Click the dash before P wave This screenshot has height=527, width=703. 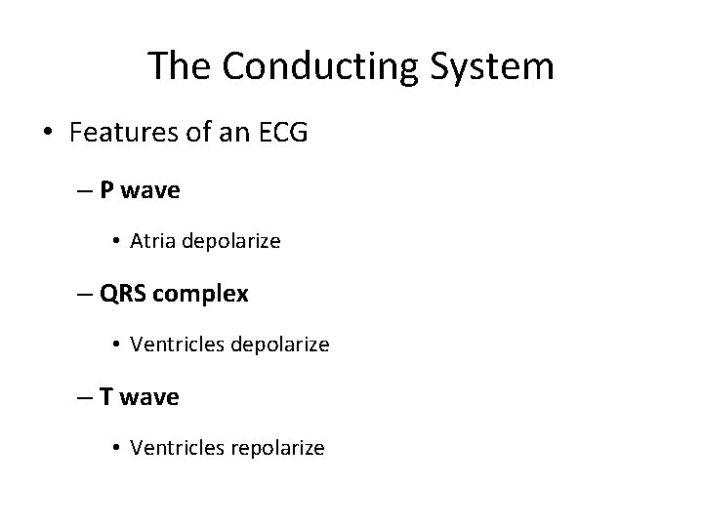(85, 190)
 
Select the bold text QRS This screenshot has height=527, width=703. (122, 294)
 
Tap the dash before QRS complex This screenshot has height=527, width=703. (85, 294)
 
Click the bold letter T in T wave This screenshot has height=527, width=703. (107, 397)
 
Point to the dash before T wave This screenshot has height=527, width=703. (85, 397)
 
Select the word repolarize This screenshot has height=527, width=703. (277, 448)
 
